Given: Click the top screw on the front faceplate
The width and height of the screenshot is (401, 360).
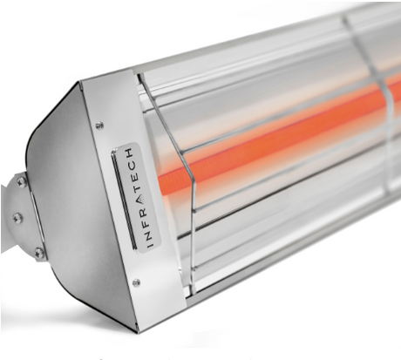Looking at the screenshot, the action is pyautogui.click(x=99, y=125).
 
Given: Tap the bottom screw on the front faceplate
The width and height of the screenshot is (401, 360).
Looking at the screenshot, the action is pyautogui.click(x=136, y=282).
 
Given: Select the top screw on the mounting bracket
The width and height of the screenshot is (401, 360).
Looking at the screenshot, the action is pyautogui.click(x=22, y=183).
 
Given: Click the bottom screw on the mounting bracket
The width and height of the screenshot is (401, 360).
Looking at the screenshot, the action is pyautogui.click(x=38, y=253).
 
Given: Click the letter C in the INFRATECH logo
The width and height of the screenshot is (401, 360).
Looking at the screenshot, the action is pyautogui.click(x=133, y=163).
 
